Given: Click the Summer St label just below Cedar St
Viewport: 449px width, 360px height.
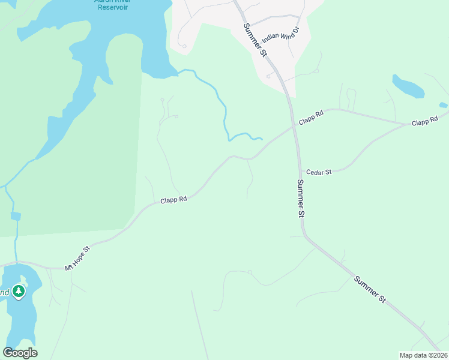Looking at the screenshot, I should (x=301, y=197).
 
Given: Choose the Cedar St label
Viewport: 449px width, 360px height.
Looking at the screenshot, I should (x=319, y=172).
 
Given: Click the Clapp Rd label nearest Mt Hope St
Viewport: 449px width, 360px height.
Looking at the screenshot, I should (x=173, y=199).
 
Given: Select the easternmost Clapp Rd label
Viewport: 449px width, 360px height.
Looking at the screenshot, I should (x=425, y=122).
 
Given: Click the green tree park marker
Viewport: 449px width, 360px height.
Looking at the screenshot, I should (x=19, y=291).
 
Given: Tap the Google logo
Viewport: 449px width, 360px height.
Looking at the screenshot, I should (x=20, y=353).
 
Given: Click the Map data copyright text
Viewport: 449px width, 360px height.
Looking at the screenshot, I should (x=423, y=355).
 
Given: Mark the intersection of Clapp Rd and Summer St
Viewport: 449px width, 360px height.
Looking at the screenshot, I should (x=294, y=125).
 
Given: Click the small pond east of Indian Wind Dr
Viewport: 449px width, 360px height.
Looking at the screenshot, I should (x=408, y=86).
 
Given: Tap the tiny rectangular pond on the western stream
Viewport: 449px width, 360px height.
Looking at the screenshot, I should (x=16, y=216).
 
